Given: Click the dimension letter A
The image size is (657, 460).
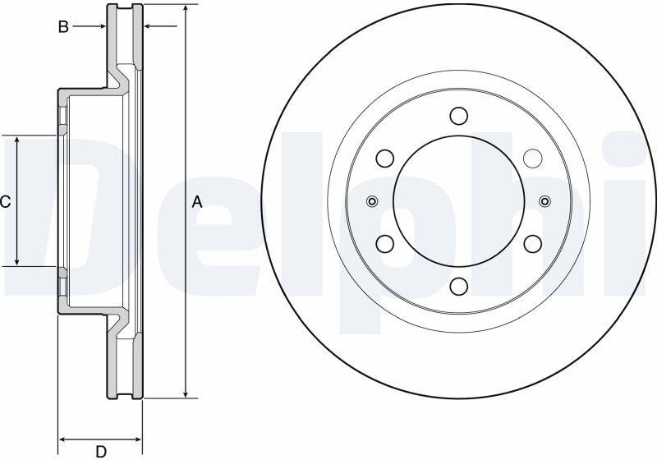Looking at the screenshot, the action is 197,202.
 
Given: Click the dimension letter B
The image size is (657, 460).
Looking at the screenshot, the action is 63,27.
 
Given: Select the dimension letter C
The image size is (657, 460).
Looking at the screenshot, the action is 5,202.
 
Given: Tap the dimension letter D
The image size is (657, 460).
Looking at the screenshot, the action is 101,452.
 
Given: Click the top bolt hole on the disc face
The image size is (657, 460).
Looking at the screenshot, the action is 459,115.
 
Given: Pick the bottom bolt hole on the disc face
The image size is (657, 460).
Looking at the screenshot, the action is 459,286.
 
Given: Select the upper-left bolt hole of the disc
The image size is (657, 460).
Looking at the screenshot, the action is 384,158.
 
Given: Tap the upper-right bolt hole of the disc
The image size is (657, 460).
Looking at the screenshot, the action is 533,158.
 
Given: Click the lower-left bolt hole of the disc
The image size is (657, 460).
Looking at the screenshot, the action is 384,243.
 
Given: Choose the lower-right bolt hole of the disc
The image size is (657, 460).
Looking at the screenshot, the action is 533,243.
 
